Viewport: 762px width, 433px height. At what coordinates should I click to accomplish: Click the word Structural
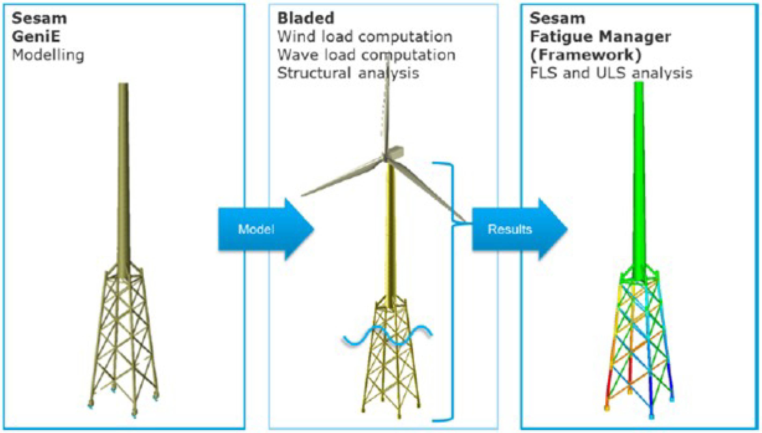[313, 73]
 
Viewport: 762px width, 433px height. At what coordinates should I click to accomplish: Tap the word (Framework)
[585, 55]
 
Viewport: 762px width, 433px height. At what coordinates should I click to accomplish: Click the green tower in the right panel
[638, 179]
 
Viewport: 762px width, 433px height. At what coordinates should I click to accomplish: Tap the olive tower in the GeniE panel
[123, 179]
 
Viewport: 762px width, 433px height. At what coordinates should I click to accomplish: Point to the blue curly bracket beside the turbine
[452, 291]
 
